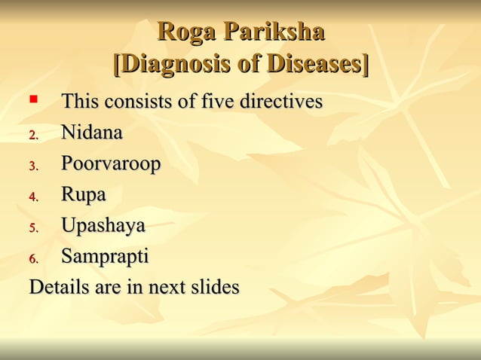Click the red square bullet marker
32,99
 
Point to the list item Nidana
91,133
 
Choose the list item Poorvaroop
111,164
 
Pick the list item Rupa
83,195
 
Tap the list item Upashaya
103,226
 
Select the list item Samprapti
105,257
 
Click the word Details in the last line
58,288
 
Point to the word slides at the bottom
215,288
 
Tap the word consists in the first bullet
136,101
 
